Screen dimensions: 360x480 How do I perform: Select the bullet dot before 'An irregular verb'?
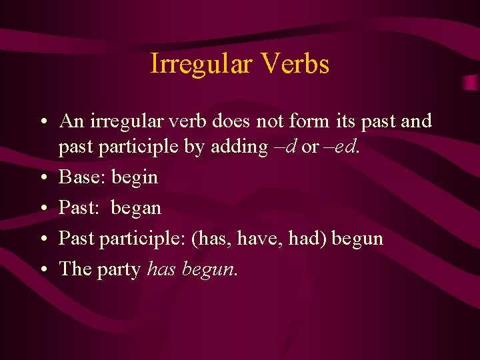[42, 123]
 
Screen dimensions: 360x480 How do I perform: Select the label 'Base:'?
[83, 177]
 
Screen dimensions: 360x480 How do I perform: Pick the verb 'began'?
[136, 209]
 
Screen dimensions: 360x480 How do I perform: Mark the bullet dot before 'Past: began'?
[42, 209]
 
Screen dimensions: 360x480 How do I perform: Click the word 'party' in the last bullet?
[117, 270]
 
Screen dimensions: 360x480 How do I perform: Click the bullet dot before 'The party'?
[42, 269]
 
